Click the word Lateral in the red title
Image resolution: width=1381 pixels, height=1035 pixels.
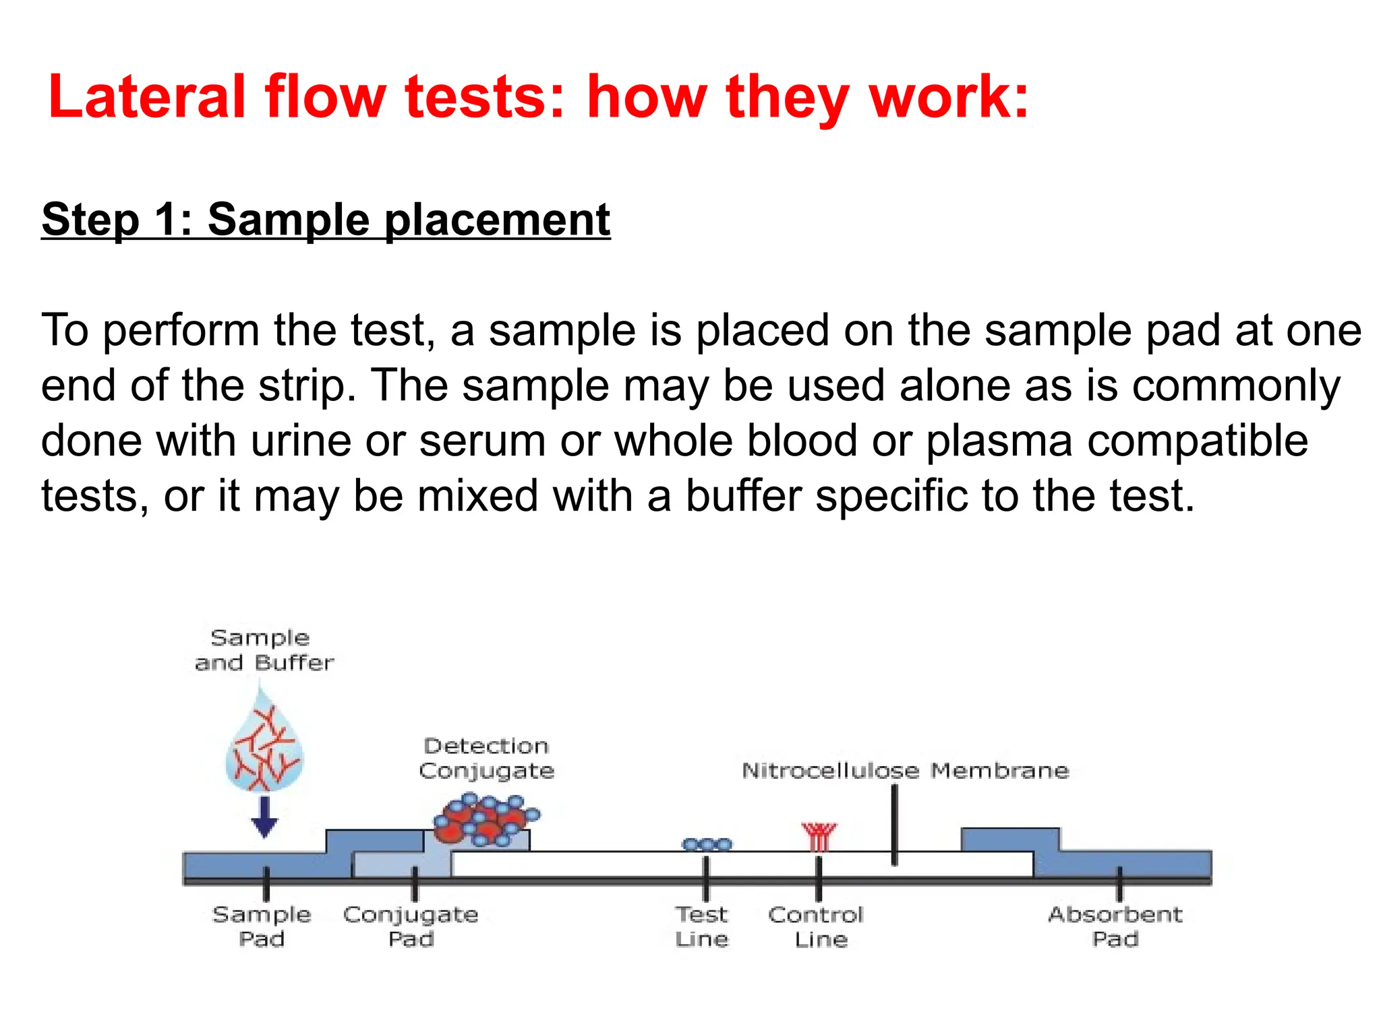[x=146, y=98]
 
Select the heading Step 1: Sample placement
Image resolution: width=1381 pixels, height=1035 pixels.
[x=326, y=220]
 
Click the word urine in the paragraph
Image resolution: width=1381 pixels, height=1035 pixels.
[x=301, y=441]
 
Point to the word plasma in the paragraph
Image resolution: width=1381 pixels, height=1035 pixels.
[x=998, y=441]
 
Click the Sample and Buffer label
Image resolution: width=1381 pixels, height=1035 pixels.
[x=263, y=650]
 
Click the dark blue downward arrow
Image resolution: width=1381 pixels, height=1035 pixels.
[x=264, y=816]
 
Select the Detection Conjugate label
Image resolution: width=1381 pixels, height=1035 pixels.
[x=486, y=758]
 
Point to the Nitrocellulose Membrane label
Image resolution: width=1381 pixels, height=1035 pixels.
[x=905, y=770]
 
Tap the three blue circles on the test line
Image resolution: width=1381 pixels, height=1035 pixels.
[x=706, y=844]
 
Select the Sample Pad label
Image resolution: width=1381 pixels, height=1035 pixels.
[x=262, y=927]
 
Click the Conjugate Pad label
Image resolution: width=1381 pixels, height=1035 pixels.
[x=411, y=927]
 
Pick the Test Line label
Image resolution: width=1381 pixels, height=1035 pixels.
[x=702, y=927]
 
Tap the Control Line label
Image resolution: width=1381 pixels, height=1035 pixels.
[x=817, y=927]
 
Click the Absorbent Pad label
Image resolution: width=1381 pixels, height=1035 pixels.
[x=1115, y=927]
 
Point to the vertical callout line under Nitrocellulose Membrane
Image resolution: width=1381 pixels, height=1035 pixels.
[x=894, y=825]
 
